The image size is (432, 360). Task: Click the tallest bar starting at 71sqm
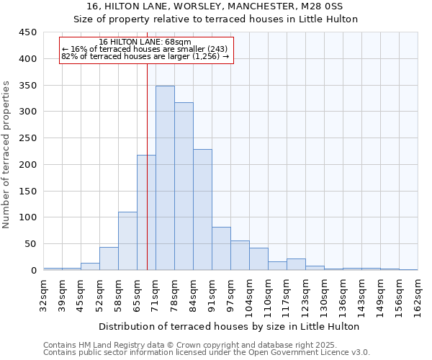[x=165, y=178]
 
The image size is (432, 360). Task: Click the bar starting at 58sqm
[x=127, y=240]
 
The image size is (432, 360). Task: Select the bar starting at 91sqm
[x=221, y=248]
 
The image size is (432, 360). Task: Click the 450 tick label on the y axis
[x=28, y=32]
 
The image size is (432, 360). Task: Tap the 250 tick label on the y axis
[x=28, y=138]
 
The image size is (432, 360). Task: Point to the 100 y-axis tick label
[x=28, y=217]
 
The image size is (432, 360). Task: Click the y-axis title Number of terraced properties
[x=6, y=155]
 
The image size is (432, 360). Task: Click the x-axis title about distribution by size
[x=229, y=326]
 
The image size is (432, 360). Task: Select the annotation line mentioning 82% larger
[x=145, y=56]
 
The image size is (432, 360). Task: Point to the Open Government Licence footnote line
[x=206, y=353]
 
